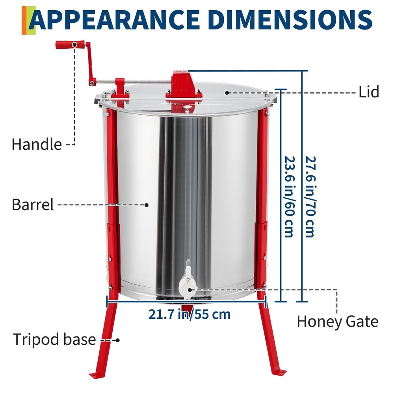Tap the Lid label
[x=369, y=92]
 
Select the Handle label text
[x=37, y=144]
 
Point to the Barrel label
[x=33, y=205]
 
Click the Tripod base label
[x=55, y=339]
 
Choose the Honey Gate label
[x=337, y=322]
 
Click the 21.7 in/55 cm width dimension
[x=190, y=314]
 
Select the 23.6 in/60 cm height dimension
[x=288, y=196]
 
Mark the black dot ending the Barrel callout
[x=147, y=205]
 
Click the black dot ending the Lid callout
[x=227, y=92]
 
